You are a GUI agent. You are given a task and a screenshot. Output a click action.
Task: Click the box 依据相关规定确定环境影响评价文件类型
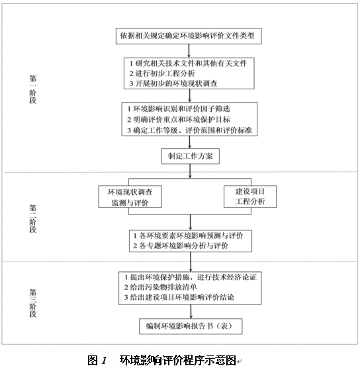(189, 36)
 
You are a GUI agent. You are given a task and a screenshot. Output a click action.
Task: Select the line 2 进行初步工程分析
(162, 73)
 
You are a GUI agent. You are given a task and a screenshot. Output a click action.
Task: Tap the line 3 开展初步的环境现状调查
(173, 83)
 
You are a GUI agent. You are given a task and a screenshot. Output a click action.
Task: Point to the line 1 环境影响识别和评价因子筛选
(179, 109)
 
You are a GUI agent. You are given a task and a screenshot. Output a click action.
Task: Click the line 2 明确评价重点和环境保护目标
(179, 119)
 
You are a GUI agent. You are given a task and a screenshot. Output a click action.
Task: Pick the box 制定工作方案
(191, 156)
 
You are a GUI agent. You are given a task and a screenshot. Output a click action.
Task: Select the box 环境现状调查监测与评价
(130, 197)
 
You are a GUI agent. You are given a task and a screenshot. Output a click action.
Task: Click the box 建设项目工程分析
(250, 197)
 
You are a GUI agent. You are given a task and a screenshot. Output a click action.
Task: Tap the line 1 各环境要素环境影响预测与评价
(188, 236)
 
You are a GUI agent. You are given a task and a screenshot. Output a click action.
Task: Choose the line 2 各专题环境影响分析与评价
(181, 246)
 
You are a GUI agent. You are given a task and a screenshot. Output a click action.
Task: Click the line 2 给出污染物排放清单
(161, 287)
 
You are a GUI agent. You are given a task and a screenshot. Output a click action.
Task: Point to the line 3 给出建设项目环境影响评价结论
(179, 297)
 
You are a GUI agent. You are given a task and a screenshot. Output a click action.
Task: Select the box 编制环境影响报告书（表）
(191, 326)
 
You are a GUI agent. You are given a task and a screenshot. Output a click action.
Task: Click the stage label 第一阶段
(33, 89)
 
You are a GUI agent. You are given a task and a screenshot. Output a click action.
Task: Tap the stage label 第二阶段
(33, 219)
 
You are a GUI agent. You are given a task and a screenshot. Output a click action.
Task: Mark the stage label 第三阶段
(33, 303)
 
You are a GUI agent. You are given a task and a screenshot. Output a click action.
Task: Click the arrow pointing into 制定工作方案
(189, 142)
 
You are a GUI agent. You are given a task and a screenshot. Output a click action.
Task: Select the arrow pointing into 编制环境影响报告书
(191, 312)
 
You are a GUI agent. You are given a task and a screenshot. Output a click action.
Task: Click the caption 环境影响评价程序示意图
(178, 360)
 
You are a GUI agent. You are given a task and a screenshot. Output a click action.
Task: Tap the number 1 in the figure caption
(104, 361)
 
